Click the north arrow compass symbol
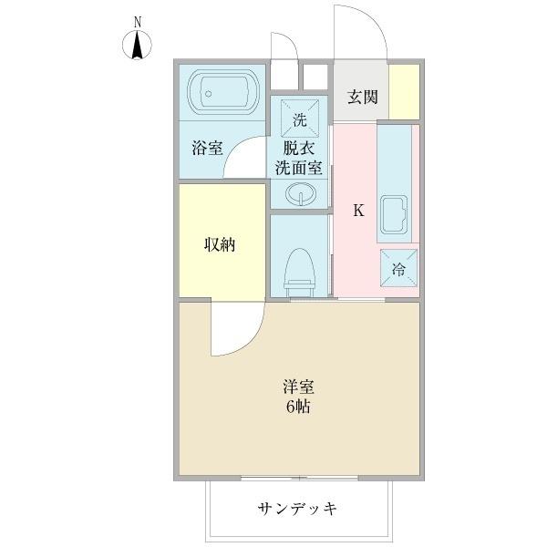click(138, 45)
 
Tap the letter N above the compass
click(138, 21)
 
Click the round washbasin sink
click(300, 193)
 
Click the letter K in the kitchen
click(358, 211)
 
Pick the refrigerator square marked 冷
click(398, 270)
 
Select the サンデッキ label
click(298, 509)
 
